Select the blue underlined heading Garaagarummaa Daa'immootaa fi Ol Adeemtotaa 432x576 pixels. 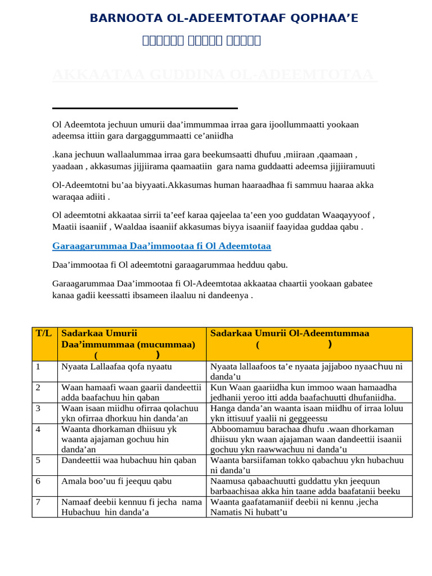pos(161,246)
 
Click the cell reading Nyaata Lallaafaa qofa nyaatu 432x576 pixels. pos(116,367)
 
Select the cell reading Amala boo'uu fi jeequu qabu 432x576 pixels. pos(116,481)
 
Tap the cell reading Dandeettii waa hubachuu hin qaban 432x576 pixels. pos(129,460)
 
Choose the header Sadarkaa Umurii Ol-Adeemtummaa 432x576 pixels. pos(290,333)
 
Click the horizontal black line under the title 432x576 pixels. pos(145,108)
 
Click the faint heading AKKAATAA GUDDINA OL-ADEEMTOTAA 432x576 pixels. pos(214,75)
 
